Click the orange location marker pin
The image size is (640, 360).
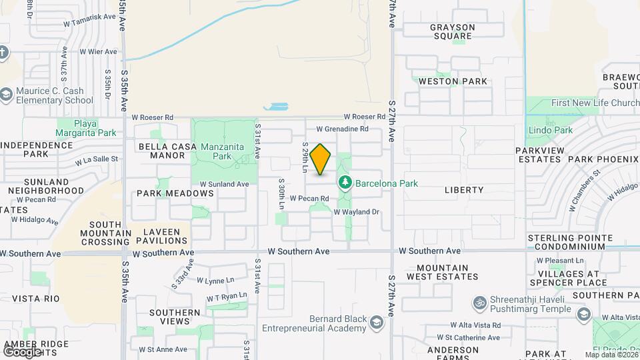321,159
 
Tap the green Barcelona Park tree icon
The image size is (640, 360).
345,182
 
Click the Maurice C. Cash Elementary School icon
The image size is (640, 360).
7,94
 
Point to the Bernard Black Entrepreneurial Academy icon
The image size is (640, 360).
377,323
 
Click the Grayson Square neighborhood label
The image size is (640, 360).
452,31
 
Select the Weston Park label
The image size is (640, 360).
453,81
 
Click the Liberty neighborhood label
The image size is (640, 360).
464,190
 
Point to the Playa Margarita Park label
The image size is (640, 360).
85,128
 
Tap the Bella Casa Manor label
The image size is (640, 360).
167,151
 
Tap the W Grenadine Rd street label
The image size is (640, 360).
342,129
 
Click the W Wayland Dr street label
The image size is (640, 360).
356,212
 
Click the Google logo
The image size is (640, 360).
21,351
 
